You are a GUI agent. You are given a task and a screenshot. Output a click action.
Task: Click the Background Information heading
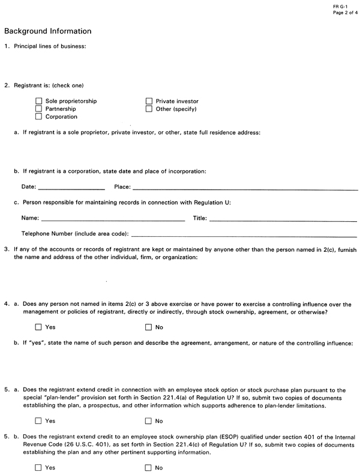click(x=48, y=31)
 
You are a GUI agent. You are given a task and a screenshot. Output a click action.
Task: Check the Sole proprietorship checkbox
click(x=40, y=101)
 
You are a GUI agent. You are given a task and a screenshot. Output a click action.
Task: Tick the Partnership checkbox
click(x=40, y=109)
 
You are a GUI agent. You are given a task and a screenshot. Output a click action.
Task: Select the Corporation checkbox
click(x=40, y=117)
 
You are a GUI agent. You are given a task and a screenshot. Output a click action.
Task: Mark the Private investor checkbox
click(x=149, y=101)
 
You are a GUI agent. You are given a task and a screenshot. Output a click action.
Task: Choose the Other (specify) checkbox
click(x=149, y=109)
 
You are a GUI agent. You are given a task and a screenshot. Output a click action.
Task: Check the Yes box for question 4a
click(x=39, y=327)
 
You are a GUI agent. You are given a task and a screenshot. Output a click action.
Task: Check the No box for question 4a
click(x=149, y=327)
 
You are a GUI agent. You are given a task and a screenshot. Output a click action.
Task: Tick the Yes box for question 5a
click(x=39, y=422)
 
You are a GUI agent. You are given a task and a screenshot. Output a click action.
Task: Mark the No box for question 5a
click(x=149, y=422)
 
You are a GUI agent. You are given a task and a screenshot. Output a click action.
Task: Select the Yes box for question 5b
click(x=39, y=468)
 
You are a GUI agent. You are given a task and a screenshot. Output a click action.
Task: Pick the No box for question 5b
click(x=149, y=468)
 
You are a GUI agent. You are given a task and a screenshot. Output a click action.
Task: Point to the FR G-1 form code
click(x=340, y=5)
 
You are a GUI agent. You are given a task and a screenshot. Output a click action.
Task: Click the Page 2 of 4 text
click(x=344, y=12)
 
